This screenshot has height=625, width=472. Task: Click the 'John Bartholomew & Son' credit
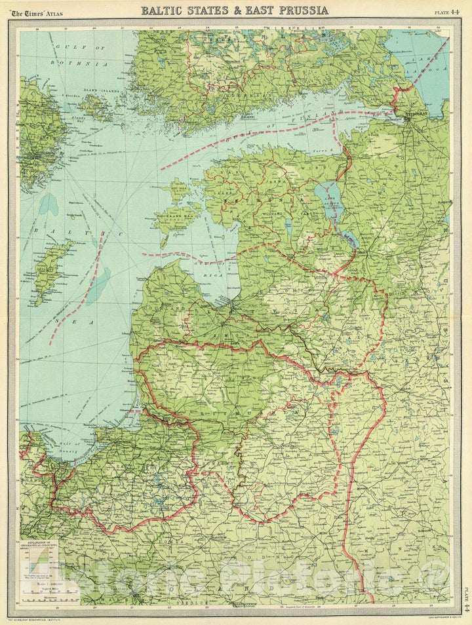tap(427, 618)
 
